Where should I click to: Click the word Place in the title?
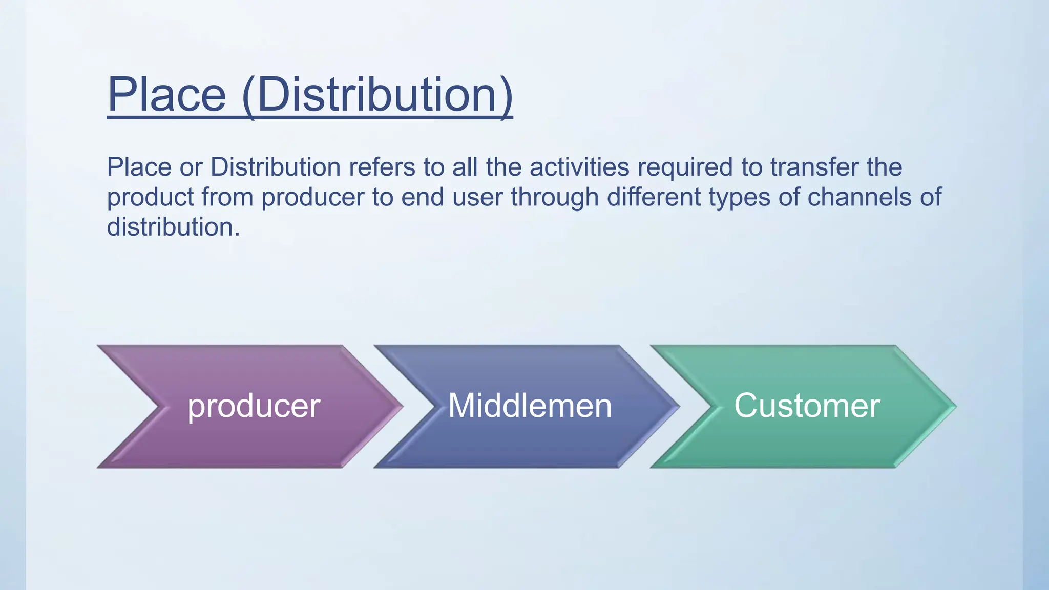(166, 95)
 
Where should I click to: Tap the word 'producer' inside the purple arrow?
(254, 406)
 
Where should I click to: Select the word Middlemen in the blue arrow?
(530, 406)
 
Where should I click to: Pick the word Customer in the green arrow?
(807, 406)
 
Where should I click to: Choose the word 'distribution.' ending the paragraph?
(173, 227)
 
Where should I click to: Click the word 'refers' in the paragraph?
(382, 167)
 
